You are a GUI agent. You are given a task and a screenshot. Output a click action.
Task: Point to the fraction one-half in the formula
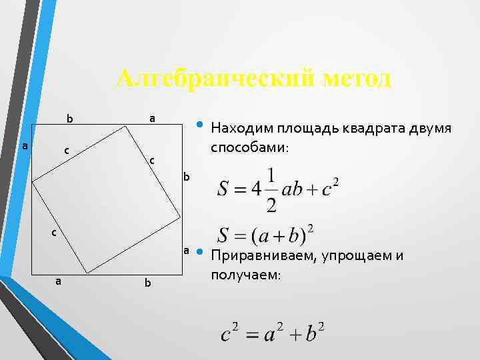(x=271, y=189)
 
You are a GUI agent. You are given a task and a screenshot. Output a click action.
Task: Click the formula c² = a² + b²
(x=273, y=331)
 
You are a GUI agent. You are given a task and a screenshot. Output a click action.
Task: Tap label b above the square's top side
(x=69, y=120)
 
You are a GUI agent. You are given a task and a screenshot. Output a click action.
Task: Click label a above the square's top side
(x=152, y=118)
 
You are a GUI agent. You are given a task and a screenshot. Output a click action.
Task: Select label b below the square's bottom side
(x=147, y=284)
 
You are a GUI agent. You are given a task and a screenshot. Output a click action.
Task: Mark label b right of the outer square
(x=187, y=177)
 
